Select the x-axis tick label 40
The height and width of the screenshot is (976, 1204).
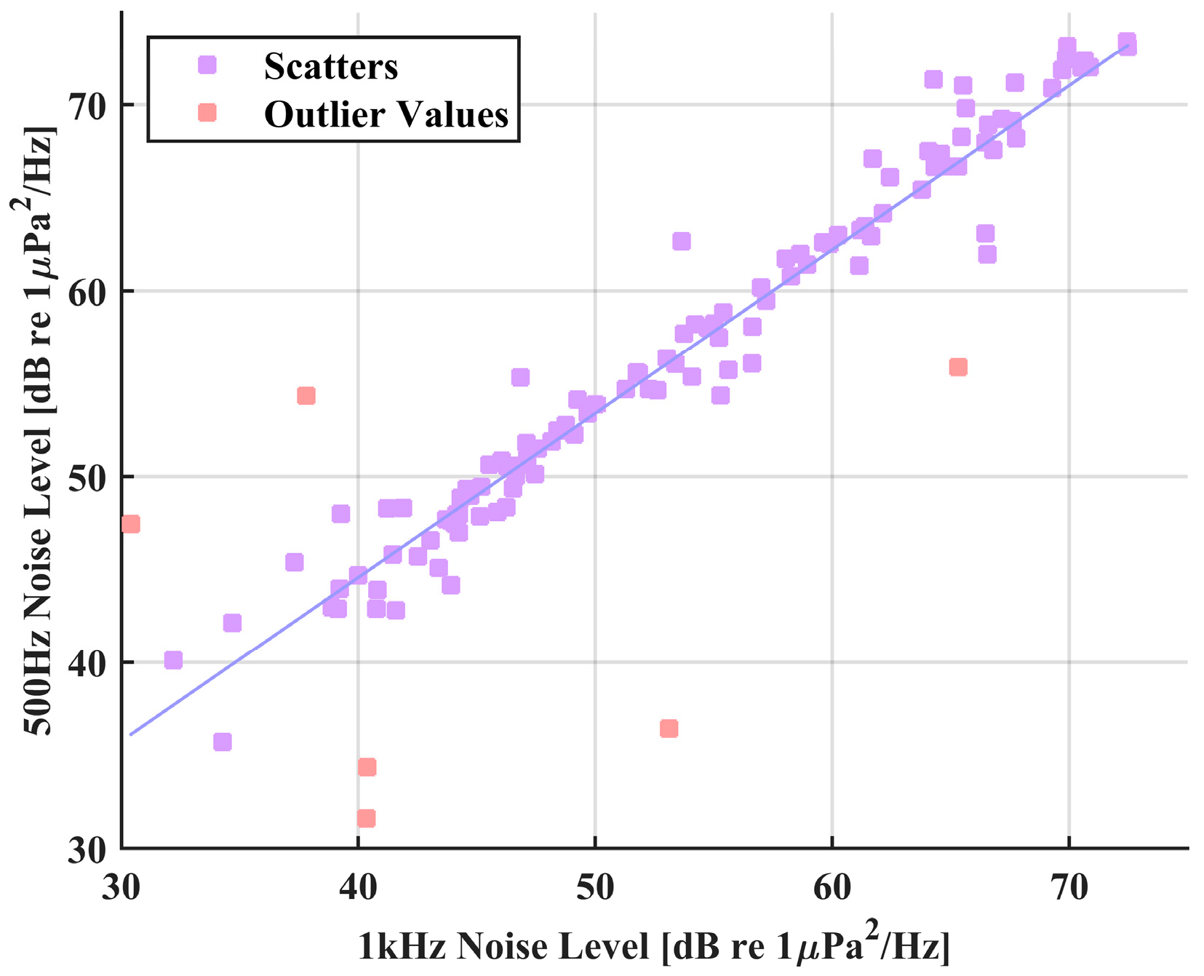(358, 887)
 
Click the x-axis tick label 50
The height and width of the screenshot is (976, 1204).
(595, 887)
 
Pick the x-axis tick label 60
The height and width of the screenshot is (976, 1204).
(832, 887)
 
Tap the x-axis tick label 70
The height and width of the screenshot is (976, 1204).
(1069, 887)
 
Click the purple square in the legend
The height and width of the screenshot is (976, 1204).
(207, 66)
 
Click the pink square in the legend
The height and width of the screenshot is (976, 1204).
(207, 113)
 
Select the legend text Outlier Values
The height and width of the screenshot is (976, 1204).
(386, 114)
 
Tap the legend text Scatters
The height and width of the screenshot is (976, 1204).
(331, 67)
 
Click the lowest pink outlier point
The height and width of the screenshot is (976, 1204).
(366, 819)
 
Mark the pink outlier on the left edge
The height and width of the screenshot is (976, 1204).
(131, 524)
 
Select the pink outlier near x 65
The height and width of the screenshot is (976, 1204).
(958, 367)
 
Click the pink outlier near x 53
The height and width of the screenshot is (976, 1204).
(669, 729)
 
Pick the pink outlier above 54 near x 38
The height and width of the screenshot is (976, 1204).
(306, 396)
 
